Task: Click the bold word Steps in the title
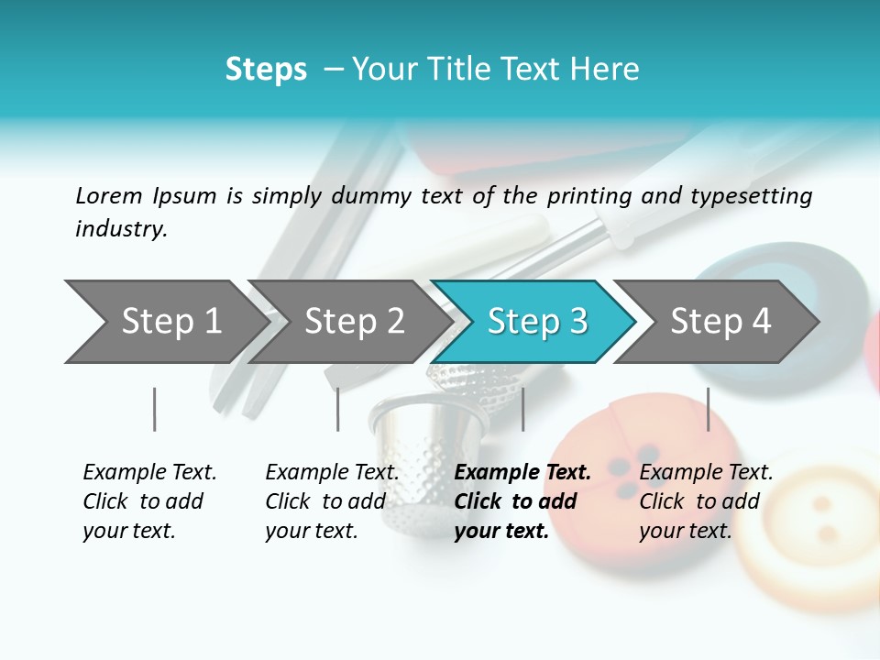pyautogui.click(x=266, y=70)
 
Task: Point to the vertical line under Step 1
pyautogui.click(x=154, y=409)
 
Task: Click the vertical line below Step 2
pyautogui.click(x=337, y=409)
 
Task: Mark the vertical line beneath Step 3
pyautogui.click(x=522, y=409)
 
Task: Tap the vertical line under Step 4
pyautogui.click(x=708, y=409)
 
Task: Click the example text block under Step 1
pyautogui.click(x=148, y=501)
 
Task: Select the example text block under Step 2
pyautogui.click(x=332, y=501)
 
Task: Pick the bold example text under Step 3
pyautogui.click(x=522, y=501)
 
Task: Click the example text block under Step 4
pyautogui.click(x=705, y=501)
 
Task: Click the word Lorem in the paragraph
pyautogui.click(x=109, y=195)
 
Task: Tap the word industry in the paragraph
pyautogui.click(x=121, y=228)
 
